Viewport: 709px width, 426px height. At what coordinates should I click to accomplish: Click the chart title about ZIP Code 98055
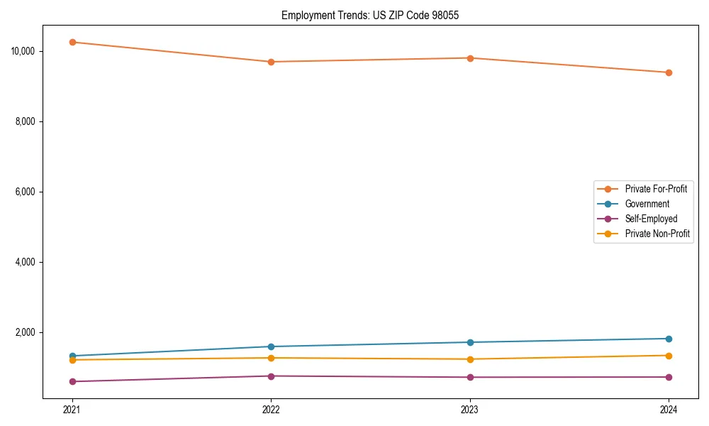click(x=370, y=15)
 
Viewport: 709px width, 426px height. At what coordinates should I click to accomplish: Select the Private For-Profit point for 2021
click(x=72, y=42)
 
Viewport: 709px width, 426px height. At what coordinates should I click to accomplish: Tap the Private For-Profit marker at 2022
click(x=271, y=62)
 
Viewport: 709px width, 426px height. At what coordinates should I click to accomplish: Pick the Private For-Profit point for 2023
click(x=470, y=58)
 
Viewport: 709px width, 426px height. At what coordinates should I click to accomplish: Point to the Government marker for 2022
click(x=271, y=346)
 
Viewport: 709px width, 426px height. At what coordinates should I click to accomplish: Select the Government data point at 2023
click(x=470, y=342)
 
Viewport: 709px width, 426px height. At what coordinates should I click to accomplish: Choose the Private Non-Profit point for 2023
click(x=470, y=359)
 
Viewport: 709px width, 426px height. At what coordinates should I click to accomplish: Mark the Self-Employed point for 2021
click(x=72, y=381)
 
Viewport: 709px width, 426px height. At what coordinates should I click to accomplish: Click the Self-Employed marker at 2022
click(x=271, y=376)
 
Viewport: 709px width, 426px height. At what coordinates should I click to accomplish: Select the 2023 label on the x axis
click(x=470, y=409)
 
